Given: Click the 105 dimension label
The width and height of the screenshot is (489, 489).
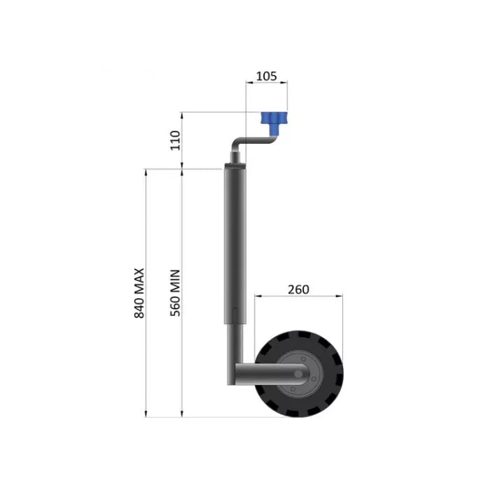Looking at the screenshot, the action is (266, 76).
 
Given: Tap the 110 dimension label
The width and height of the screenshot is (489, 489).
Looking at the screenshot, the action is (175, 140).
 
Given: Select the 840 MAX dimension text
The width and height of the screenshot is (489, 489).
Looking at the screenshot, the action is (139, 293).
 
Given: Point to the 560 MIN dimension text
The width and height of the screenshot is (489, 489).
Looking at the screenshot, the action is (175, 293).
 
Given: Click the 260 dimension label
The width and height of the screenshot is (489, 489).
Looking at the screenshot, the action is (298, 289).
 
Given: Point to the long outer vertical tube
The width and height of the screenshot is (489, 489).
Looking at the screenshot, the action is (235, 244).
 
